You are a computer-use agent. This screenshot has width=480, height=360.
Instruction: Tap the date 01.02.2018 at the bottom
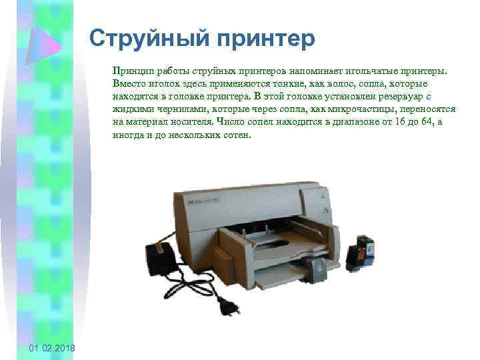point(52,349)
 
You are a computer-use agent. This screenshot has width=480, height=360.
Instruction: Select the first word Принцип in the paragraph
point(130,70)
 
